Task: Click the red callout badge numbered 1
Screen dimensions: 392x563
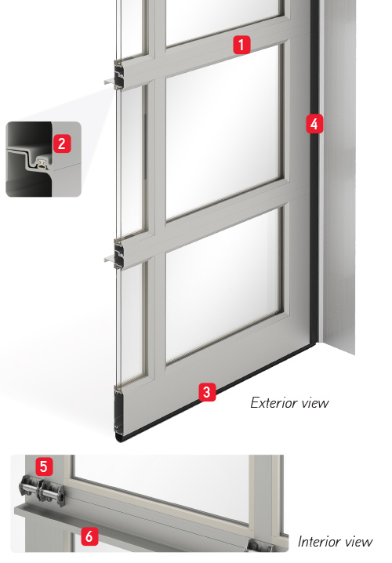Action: tap(241, 45)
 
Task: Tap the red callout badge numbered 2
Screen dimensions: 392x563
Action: tap(62, 143)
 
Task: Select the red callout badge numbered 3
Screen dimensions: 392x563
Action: tap(207, 392)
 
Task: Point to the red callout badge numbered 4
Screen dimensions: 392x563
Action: tap(314, 124)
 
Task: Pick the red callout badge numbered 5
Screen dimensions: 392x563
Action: tap(44, 466)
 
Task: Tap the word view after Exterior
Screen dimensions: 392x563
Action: tap(315, 403)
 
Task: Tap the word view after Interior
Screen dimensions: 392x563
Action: tap(358, 542)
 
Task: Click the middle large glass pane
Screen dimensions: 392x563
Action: tap(223, 132)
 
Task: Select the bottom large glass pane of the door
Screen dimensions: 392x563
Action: tap(223, 285)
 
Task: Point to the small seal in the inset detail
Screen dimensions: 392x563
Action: tap(42, 164)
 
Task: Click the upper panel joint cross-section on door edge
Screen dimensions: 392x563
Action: tap(118, 74)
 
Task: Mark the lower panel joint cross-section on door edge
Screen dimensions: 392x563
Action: tap(118, 253)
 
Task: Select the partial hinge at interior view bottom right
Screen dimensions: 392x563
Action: tap(260, 545)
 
